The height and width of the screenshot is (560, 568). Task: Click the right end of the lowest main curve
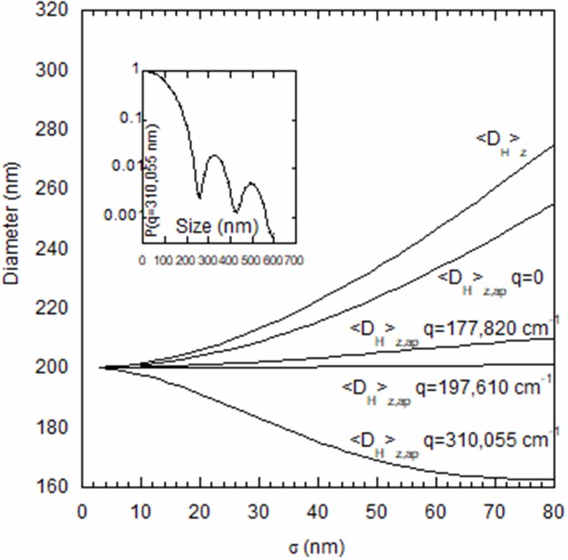554,479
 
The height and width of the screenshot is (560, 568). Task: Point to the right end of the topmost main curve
554,146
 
